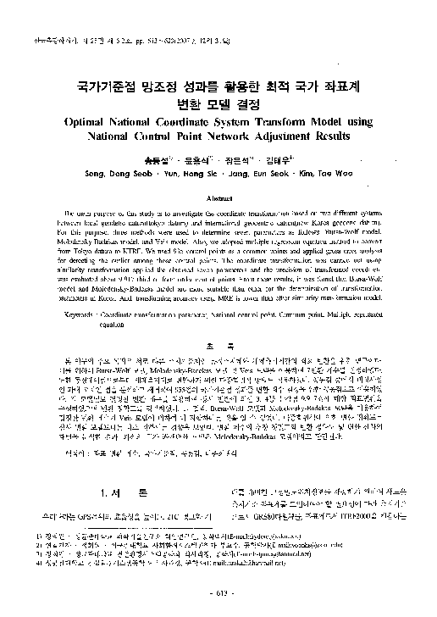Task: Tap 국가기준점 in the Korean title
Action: [99, 87]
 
